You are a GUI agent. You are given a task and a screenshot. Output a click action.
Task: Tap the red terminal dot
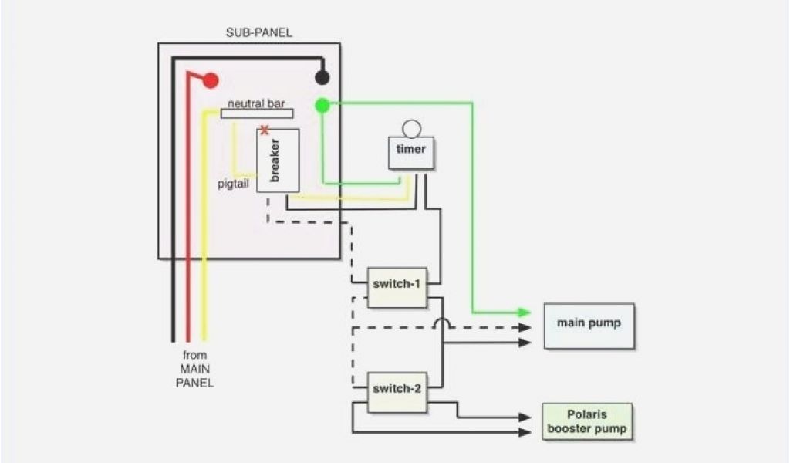(210, 80)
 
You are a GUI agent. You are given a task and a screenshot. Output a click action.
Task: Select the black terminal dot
(322, 78)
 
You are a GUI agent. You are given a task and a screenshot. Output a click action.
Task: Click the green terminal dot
(322, 105)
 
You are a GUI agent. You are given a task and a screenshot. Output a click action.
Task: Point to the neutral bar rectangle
(258, 113)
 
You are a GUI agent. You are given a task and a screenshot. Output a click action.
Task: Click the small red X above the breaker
(265, 130)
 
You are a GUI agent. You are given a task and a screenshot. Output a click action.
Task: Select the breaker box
(278, 161)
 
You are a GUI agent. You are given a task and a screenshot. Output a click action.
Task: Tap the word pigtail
(232, 184)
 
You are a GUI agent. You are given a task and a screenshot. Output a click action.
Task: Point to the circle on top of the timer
(411, 128)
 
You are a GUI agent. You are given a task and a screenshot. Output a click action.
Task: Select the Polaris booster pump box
(587, 422)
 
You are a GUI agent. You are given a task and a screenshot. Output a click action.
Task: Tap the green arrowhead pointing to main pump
(525, 313)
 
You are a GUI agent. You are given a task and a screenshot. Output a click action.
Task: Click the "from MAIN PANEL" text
(195, 369)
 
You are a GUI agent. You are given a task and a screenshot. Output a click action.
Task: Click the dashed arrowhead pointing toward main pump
(525, 327)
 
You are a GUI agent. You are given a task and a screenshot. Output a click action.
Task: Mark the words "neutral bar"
(256, 103)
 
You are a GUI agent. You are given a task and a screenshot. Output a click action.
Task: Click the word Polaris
(587, 414)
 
